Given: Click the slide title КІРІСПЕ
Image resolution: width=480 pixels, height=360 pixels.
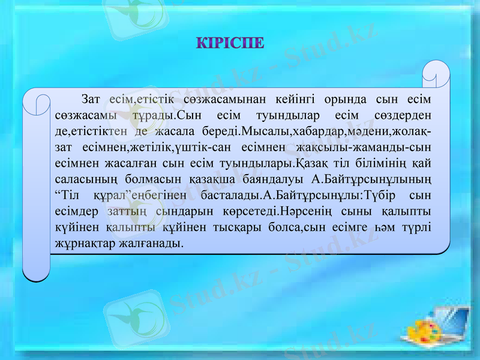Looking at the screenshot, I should click(x=230, y=44).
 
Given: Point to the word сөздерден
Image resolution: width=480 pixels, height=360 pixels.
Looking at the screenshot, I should click(x=403, y=115).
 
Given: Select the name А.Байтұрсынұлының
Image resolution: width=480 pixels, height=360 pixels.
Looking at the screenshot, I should click(x=374, y=179).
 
